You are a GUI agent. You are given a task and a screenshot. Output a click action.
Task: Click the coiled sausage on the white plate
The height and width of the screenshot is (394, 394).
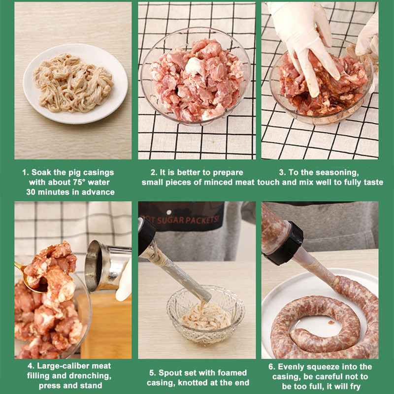pyautogui.click(x=325, y=320)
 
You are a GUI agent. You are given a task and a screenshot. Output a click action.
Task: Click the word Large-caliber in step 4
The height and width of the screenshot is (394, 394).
pyautogui.click(x=73, y=366)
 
